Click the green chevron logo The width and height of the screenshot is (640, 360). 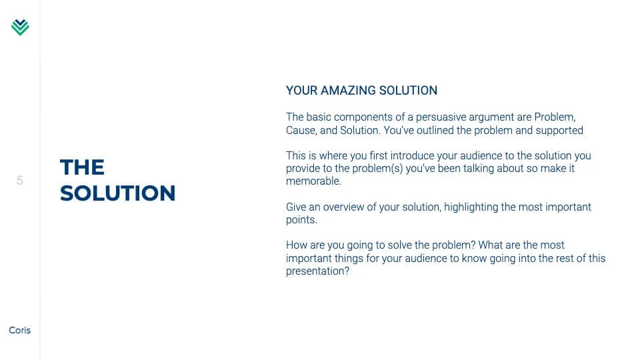point(20,27)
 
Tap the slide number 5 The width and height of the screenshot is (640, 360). point(19,181)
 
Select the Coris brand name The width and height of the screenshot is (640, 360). point(19,330)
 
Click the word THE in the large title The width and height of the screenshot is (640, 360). point(82,167)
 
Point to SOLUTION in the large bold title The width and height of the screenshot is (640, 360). point(117,193)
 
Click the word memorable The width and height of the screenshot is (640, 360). point(313,181)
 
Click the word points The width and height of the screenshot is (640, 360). point(301,220)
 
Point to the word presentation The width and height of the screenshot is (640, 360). point(317,271)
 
